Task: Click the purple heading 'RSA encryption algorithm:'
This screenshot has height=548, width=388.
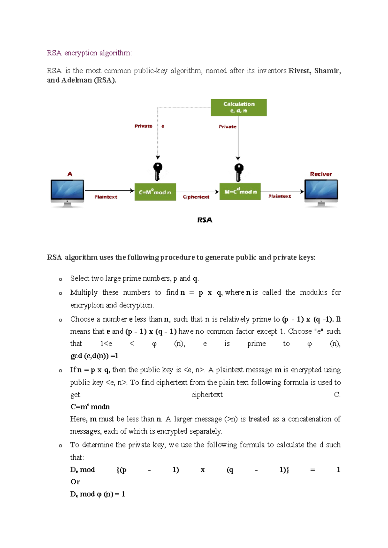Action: [89, 53]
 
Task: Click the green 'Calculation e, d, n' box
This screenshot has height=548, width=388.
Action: [239, 108]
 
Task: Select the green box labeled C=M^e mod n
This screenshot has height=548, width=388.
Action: [155, 192]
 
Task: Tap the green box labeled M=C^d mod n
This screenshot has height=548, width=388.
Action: [240, 192]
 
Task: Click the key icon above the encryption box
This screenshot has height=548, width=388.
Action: [157, 171]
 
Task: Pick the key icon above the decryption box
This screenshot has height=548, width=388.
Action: [239, 172]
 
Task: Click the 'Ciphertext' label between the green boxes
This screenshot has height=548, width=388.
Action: [196, 197]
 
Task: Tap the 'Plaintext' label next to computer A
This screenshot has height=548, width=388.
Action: [106, 197]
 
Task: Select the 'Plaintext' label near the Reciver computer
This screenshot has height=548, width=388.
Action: [279, 196]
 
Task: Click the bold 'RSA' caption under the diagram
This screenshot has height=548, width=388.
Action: [205, 220]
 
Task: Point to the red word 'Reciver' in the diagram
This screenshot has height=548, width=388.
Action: [321, 174]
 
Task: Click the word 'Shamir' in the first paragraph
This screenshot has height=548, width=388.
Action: [327, 71]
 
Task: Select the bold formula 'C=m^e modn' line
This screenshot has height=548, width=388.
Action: [90, 407]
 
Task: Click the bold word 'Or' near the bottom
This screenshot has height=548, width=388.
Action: [75, 482]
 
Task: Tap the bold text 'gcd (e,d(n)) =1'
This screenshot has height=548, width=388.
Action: [94, 356]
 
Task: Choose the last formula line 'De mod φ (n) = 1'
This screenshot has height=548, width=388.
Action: [97, 494]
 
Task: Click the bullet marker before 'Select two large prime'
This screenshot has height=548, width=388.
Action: [60, 279]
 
